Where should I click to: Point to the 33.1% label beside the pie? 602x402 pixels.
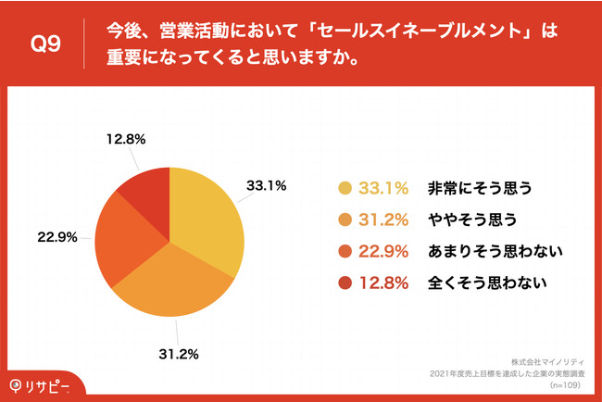click(x=266, y=185)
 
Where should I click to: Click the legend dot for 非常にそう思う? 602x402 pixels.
click(x=345, y=189)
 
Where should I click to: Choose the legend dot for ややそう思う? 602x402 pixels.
click(x=345, y=220)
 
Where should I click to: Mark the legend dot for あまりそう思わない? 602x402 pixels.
click(x=345, y=252)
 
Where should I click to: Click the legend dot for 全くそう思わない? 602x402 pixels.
click(x=345, y=283)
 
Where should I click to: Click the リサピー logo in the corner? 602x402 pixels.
click(x=41, y=384)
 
